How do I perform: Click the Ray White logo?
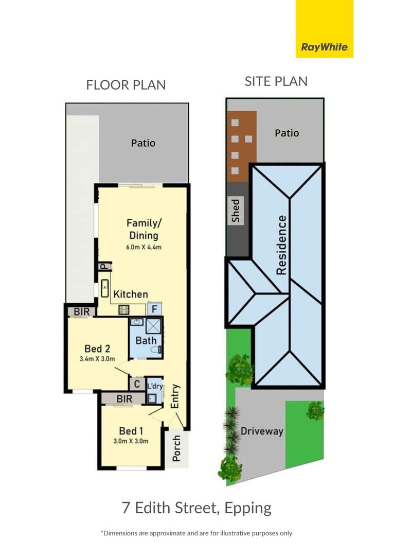click(x=325, y=29)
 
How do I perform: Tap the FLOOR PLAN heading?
click(x=126, y=85)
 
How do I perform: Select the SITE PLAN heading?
click(x=276, y=81)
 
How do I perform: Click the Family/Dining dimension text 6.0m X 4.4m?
click(x=144, y=247)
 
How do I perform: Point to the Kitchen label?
click(x=131, y=294)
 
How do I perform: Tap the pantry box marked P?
click(x=105, y=266)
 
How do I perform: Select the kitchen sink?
click(x=105, y=288)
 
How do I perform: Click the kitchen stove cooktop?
click(x=123, y=309)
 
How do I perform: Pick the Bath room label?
click(x=146, y=340)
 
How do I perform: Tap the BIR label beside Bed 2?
click(x=82, y=311)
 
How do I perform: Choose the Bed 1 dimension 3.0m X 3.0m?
click(x=131, y=441)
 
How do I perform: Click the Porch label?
click(x=176, y=448)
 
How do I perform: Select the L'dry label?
click(x=155, y=386)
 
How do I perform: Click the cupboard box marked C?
click(x=137, y=384)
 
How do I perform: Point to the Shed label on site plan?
click(x=236, y=211)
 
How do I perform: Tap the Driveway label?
click(x=262, y=431)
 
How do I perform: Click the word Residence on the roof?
click(x=281, y=245)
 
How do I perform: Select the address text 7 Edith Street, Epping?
click(x=196, y=508)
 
